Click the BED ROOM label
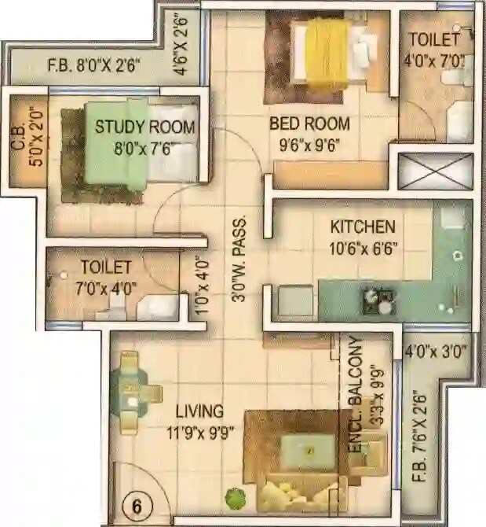(309, 123)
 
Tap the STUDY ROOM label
(145, 127)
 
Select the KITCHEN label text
(362, 227)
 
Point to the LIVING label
(199, 411)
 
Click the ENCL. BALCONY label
(355, 393)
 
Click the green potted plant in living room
(233, 498)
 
